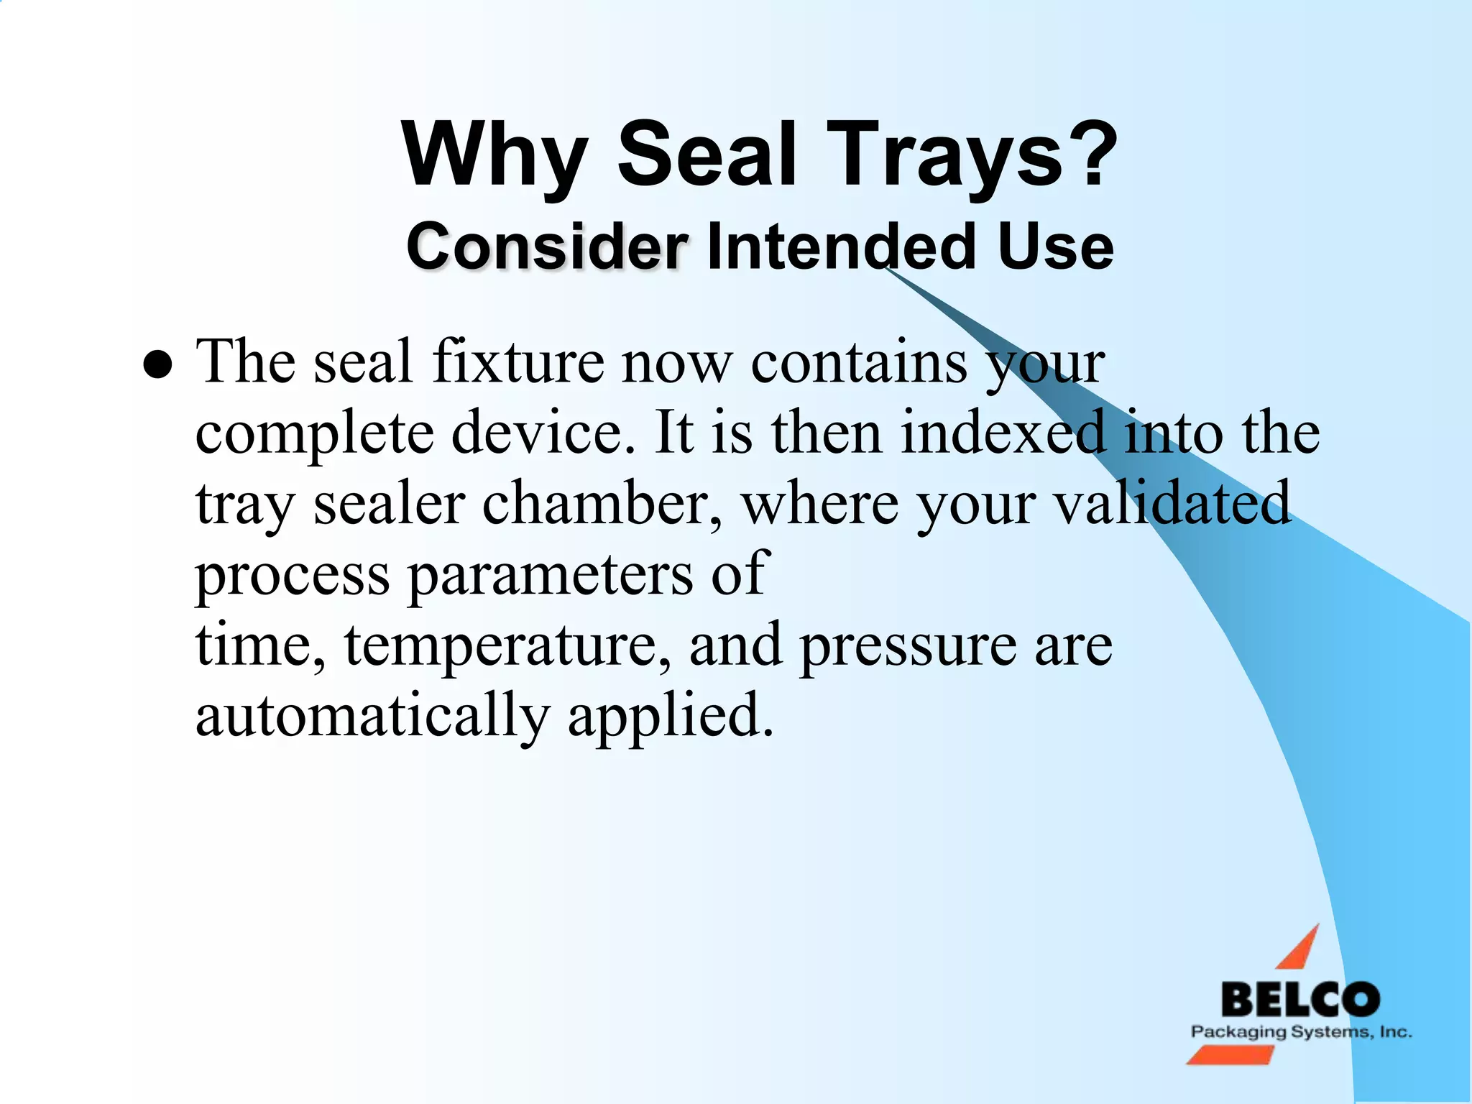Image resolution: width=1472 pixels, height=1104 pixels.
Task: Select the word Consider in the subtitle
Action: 547,247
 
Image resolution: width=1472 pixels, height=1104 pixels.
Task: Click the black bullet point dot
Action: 157,366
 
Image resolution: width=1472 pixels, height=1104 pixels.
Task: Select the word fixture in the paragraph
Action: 518,362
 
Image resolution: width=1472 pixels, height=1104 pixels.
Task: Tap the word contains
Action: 859,362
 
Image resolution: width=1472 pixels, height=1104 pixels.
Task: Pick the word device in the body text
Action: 543,433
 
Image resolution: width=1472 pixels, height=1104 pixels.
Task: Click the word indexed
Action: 1003,433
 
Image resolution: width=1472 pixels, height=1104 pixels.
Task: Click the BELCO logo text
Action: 1300,1000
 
